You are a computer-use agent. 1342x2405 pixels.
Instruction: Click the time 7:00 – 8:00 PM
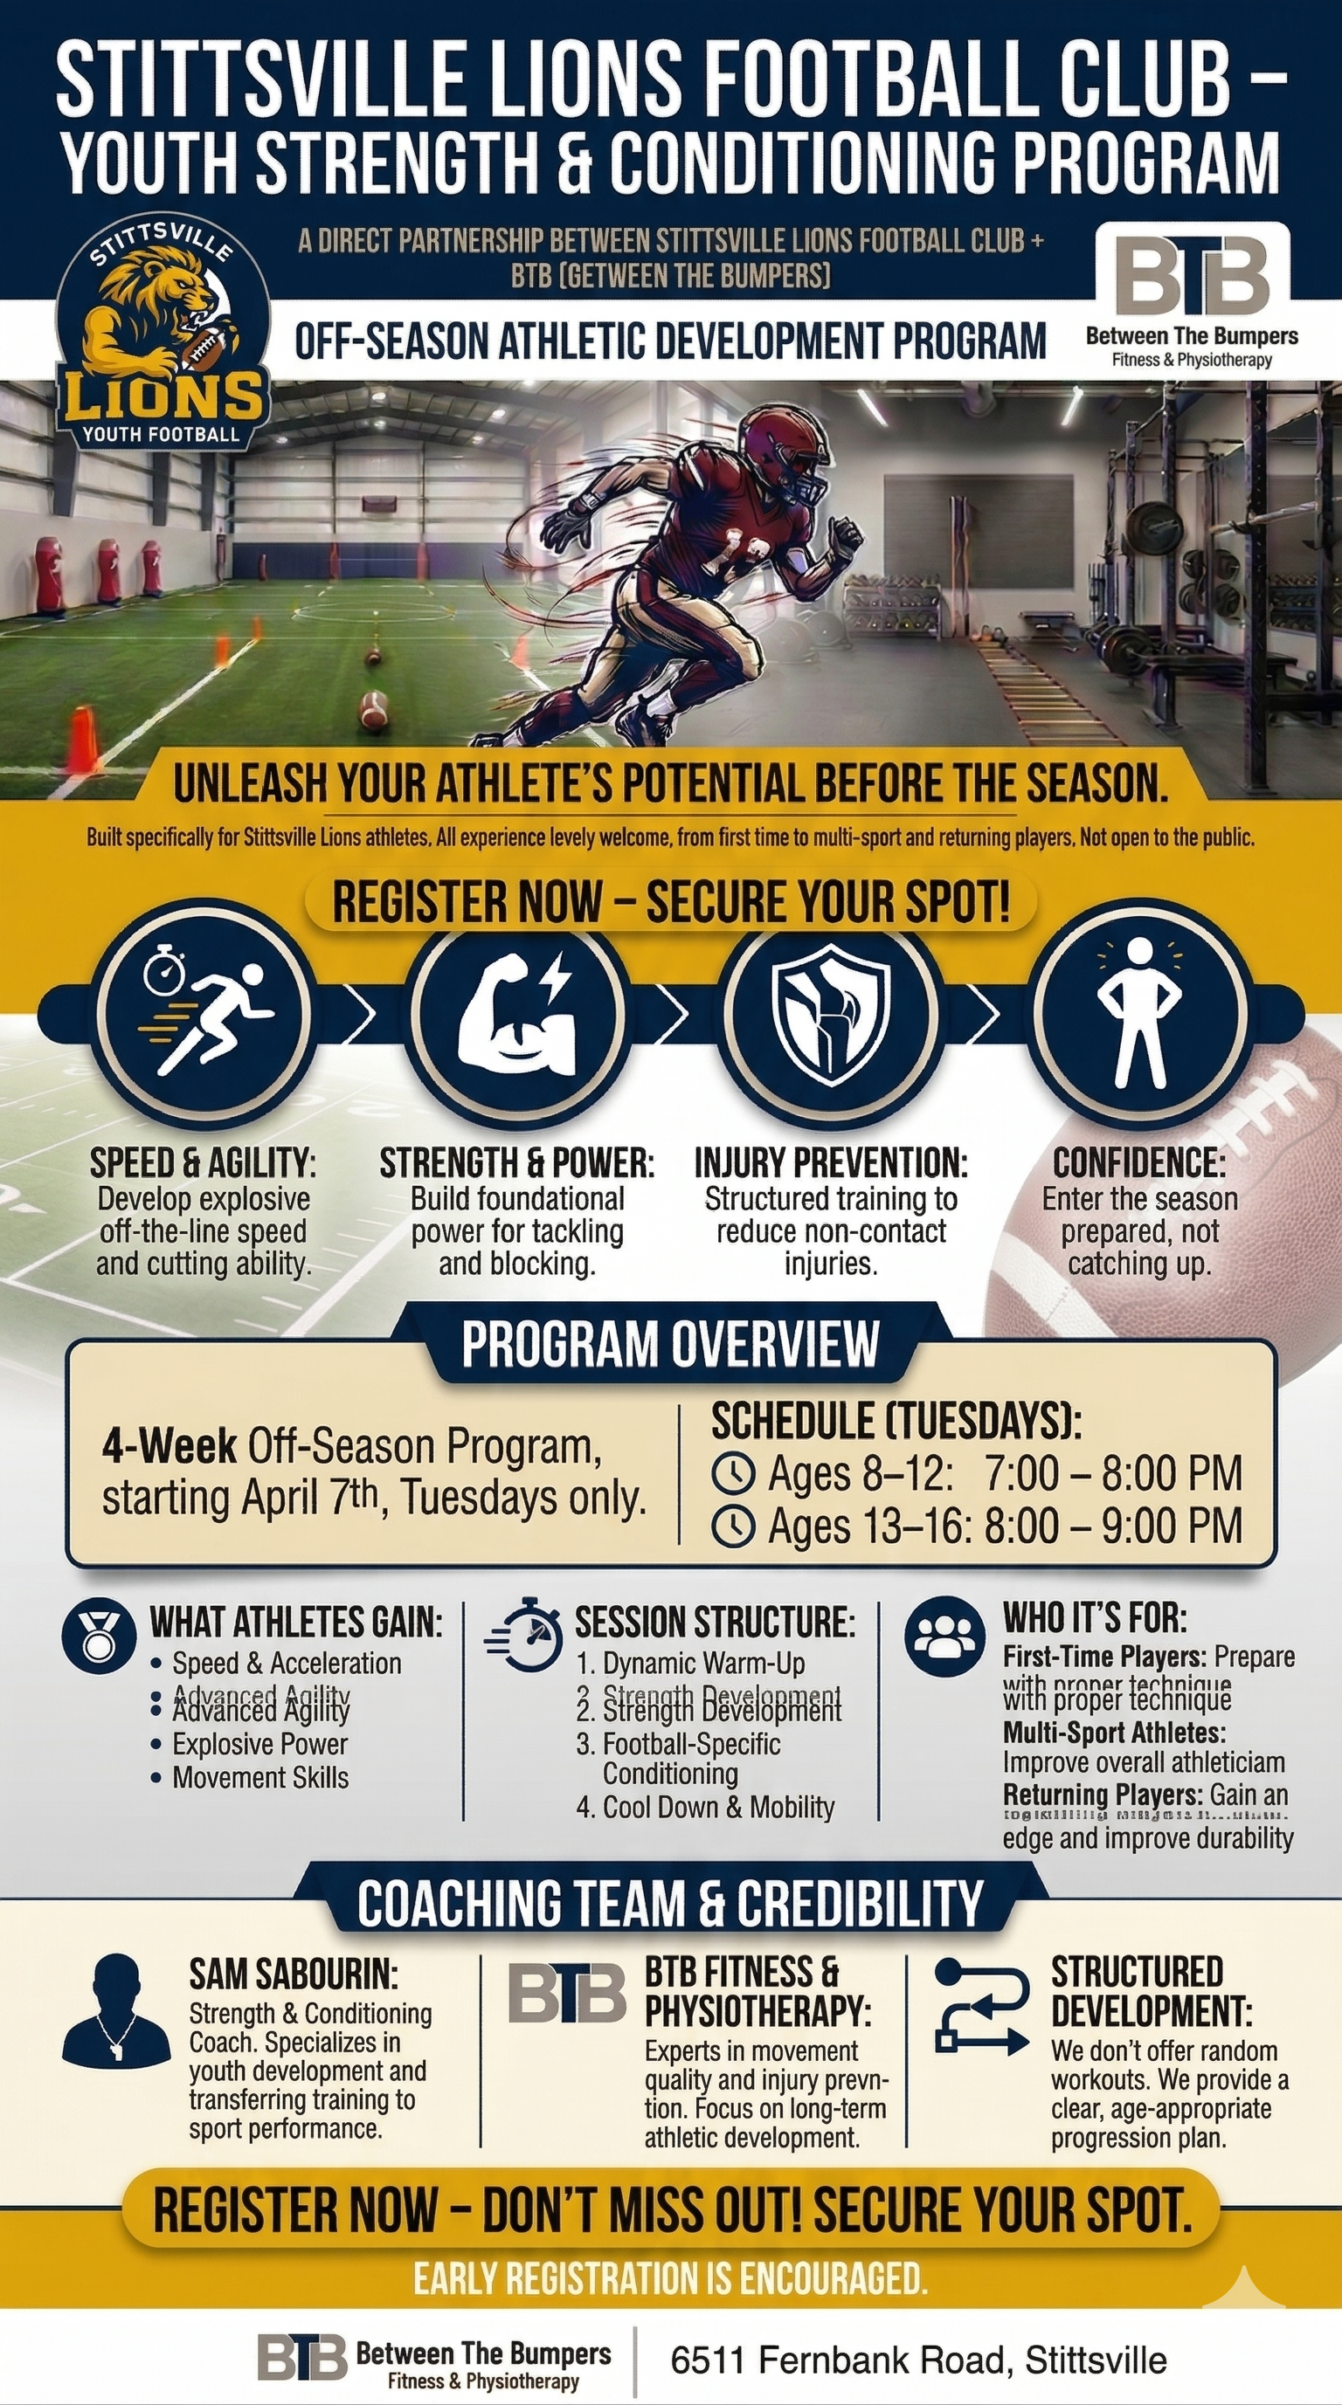coord(1113,1474)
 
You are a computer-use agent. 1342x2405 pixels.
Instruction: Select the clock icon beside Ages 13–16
coord(733,1526)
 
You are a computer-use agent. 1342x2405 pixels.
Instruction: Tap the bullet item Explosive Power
coord(259,1744)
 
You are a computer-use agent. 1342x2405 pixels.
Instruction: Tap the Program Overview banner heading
coord(669,1345)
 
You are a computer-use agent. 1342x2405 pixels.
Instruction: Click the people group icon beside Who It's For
coord(945,1636)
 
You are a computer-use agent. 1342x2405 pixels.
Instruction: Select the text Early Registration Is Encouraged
coord(670,2280)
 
